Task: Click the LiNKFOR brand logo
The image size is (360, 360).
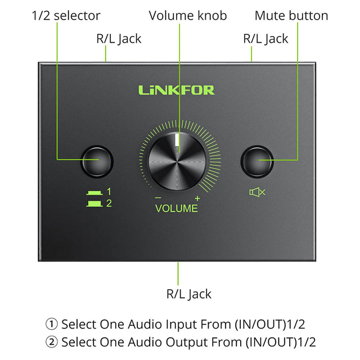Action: (176, 90)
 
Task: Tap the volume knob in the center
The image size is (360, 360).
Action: (177, 161)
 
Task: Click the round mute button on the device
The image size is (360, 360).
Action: (257, 161)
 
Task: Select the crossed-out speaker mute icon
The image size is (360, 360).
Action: (257, 192)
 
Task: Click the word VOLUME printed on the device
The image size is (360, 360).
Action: (176, 209)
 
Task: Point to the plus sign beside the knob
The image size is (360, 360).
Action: (197, 199)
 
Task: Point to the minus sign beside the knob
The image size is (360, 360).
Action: (158, 197)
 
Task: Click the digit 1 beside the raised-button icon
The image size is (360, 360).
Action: (109, 191)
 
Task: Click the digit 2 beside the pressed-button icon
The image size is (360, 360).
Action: (109, 203)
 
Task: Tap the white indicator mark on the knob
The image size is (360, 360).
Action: (177, 140)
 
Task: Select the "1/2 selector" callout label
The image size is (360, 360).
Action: (66, 16)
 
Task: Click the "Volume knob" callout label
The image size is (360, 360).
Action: (188, 16)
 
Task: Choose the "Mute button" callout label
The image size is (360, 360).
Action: (291, 16)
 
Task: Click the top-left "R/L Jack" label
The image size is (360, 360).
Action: (119, 39)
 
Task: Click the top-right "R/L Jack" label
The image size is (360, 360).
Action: (265, 39)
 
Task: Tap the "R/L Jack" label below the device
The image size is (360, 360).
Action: (189, 294)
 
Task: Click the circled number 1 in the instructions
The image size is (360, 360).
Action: (51, 324)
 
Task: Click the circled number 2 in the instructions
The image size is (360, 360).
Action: (51, 342)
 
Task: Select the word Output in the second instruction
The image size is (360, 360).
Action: (186, 343)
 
